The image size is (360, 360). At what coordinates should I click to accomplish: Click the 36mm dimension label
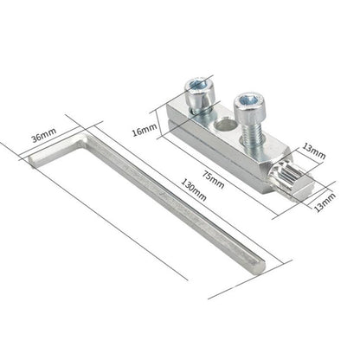point(44,135)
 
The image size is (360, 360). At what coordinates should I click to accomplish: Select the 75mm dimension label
point(213,180)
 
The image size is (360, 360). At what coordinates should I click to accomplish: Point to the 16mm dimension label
point(145,130)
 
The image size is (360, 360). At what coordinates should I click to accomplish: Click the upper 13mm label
point(314,151)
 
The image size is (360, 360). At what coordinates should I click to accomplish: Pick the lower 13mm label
point(325,202)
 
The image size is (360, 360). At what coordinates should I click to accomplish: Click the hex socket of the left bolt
point(199,85)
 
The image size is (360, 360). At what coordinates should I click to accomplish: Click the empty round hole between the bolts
point(225,125)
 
